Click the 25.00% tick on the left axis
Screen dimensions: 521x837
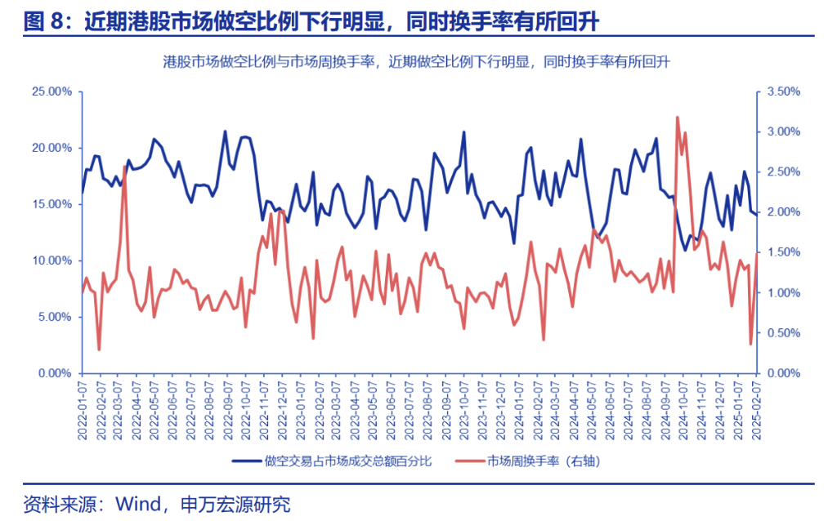[51, 91]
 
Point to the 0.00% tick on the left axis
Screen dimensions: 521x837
[54, 373]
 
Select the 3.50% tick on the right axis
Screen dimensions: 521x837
[781, 91]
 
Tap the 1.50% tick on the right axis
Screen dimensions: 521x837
[781, 252]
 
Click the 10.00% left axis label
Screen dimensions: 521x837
[51, 260]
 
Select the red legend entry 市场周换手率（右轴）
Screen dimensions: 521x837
[531, 461]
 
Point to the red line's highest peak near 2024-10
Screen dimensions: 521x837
[678, 118]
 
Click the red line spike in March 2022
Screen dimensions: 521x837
[124, 167]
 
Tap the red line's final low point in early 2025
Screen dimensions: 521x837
[750, 344]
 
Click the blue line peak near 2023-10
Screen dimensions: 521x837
[464, 131]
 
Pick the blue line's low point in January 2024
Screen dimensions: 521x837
[514, 243]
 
